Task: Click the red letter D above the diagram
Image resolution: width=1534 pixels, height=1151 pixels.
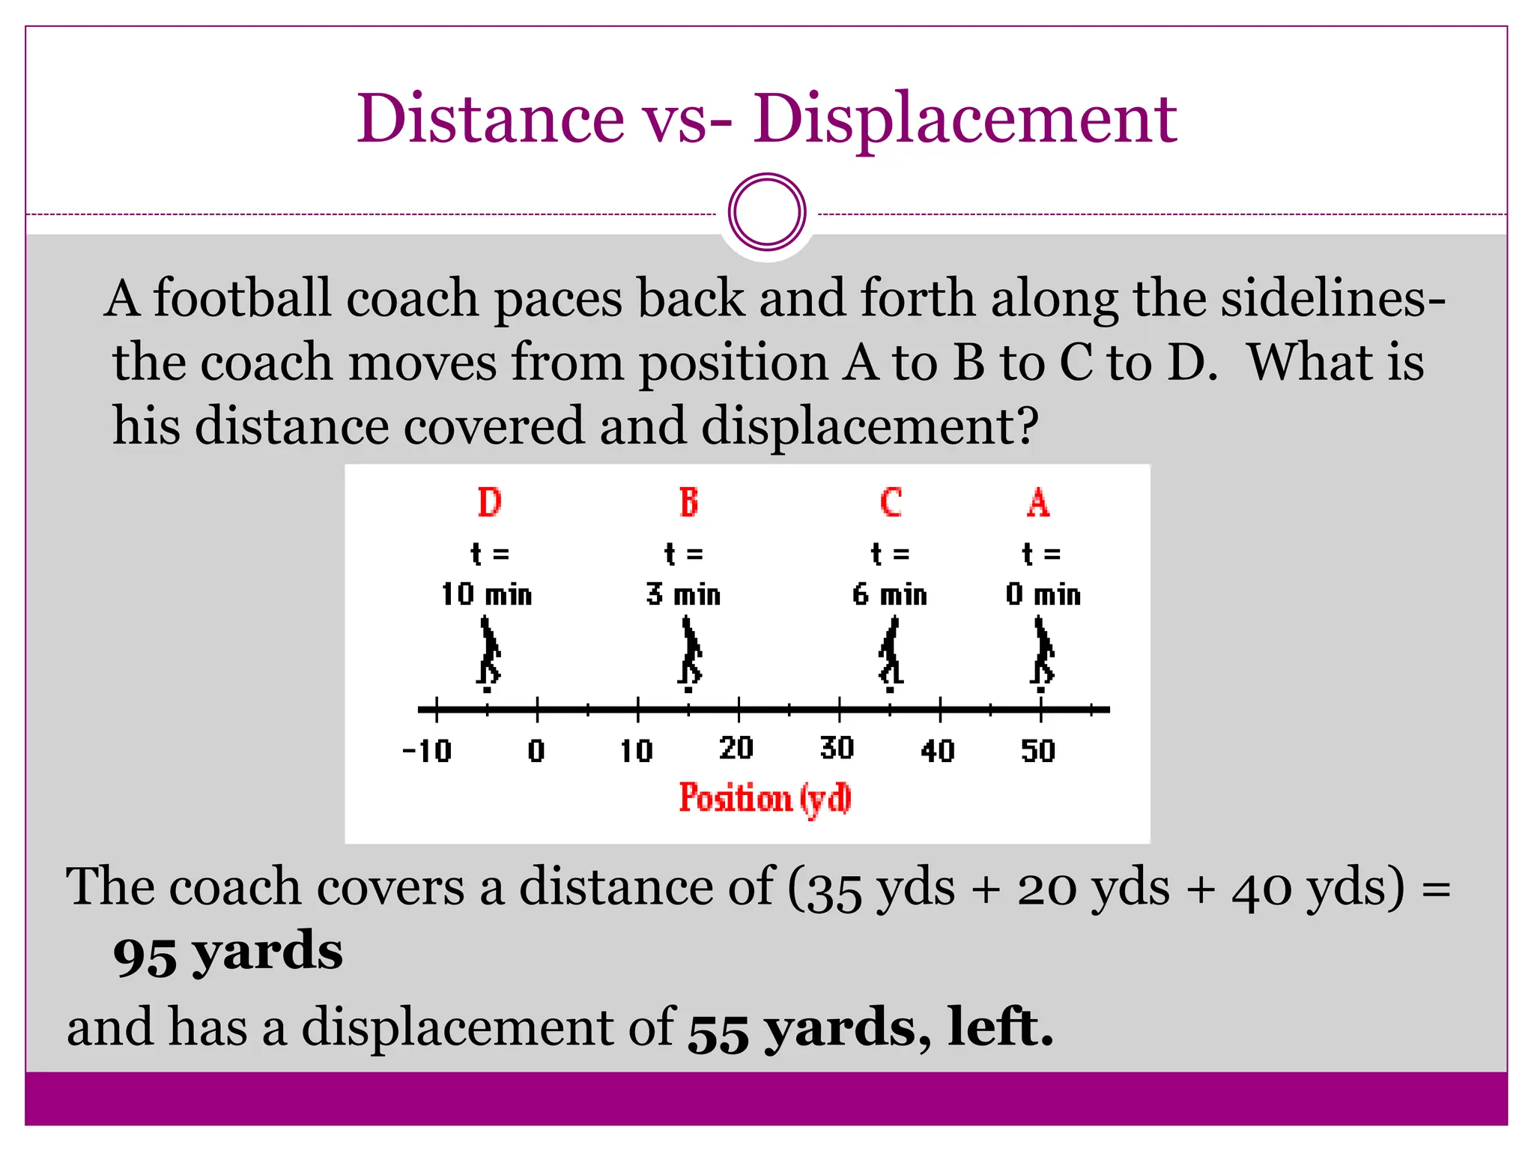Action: (489, 502)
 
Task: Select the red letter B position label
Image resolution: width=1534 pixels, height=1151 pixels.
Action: (688, 502)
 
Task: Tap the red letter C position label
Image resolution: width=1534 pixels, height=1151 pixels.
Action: (891, 502)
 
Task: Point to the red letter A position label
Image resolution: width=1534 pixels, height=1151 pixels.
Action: (1038, 502)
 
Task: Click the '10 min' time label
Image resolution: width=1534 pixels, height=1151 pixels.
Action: (487, 594)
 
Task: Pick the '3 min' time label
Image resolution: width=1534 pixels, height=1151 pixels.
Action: (684, 594)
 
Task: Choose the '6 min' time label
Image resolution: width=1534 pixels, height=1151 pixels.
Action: (890, 594)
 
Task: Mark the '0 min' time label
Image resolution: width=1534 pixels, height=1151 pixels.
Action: (1043, 594)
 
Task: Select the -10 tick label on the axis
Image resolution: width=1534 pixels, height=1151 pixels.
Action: (427, 750)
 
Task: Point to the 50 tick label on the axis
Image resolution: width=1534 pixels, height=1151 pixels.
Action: (1038, 750)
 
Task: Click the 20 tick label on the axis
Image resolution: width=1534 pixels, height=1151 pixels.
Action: (736, 748)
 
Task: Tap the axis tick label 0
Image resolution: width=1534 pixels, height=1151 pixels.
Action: (536, 750)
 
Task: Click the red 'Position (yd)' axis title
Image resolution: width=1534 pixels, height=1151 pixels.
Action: (766, 798)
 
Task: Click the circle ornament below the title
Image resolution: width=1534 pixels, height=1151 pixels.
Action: (767, 212)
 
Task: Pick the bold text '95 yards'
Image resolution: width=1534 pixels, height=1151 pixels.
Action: (228, 953)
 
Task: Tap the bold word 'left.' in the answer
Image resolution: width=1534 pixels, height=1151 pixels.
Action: (1001, 1027)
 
